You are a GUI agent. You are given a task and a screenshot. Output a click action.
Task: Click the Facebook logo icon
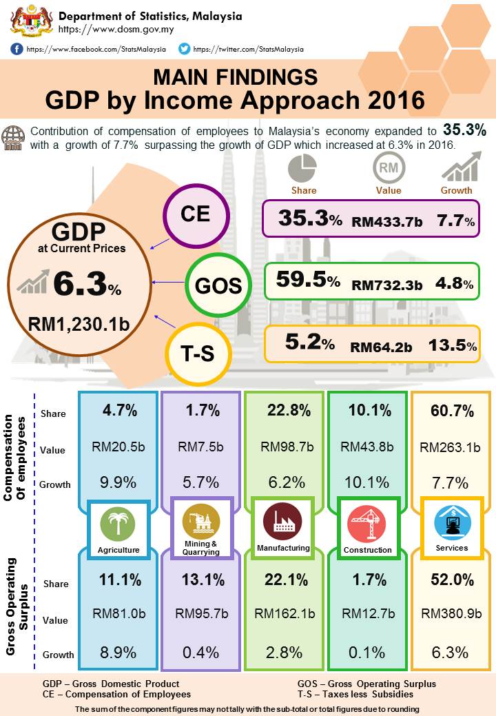click(x=17, y=49)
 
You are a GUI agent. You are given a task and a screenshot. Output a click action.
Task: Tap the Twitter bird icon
click(x=184, y=49)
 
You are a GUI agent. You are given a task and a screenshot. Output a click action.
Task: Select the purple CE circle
click(x=195, y=214)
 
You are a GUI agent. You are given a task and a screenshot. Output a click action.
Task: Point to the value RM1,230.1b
click(x=79, y=323)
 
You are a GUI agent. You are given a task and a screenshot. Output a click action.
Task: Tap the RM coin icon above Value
click(x=389, y=167)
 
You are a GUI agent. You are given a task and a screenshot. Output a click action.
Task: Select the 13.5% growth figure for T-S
click(x=452, y=346)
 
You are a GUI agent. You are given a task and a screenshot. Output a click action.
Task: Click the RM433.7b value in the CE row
click(x=386, y=222)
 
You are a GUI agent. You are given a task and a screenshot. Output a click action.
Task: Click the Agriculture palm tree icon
click(x=118, y=526)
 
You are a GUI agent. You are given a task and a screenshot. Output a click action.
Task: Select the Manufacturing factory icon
click(x=282, y=523)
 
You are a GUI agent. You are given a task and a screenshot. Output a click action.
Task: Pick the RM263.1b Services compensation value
click(x=451, y=447)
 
